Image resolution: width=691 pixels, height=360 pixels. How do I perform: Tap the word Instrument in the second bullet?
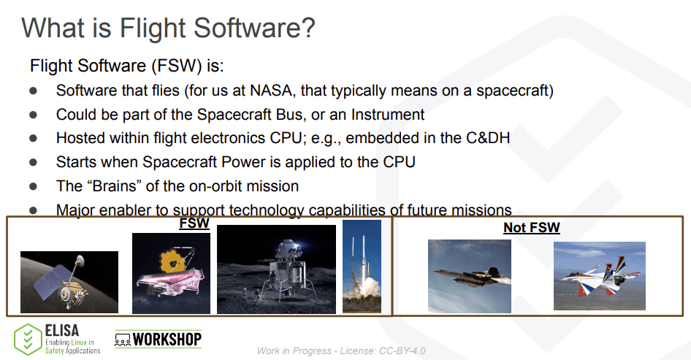click(388, 115)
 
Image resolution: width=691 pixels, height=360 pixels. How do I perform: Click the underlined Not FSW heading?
click(532, 227)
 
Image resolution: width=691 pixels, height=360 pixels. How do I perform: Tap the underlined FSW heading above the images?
click(194, 223)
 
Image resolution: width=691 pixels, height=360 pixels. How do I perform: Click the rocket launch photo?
click(362, 267)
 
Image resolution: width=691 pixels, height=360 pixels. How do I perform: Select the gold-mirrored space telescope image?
click(171, 273)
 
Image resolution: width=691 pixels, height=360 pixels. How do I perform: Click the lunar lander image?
click(276, 269)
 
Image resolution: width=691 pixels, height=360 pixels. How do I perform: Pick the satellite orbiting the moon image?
click(69, 282)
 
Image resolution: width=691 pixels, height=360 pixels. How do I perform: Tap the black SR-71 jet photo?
click(470, 276)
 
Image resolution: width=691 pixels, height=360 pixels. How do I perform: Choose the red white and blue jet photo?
click(600, 276)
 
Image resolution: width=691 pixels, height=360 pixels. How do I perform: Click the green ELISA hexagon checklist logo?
click(28, 340)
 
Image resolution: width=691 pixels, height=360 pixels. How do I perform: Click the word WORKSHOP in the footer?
click(167, 340)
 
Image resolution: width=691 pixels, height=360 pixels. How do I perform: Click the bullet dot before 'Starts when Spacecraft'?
click(34, 162)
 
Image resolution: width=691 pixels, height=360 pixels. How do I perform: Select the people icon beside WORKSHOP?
click(123, 340)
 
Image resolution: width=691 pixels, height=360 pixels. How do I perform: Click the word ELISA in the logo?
click(62, 331)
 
